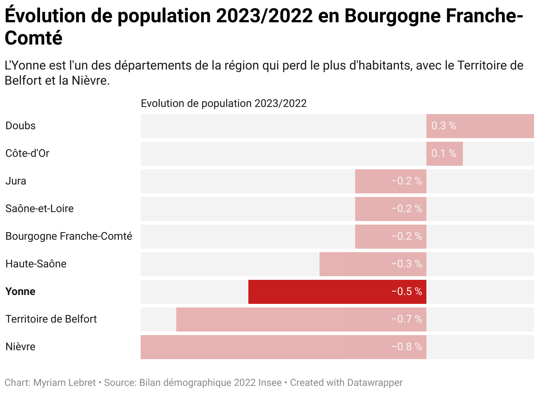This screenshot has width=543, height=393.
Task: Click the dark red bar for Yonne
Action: [337, 292]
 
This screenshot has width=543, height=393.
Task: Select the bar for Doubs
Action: [480, 126]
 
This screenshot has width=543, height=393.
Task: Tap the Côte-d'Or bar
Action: [444, 154]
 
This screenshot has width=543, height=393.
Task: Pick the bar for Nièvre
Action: [283, 347]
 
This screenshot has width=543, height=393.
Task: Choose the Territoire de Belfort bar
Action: [301, 319]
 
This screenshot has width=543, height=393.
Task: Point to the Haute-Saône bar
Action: [373, 264]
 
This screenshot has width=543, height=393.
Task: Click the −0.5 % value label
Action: [406, 292]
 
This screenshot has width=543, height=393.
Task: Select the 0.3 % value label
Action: [444, 126]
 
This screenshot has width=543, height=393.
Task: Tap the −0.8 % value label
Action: [406, 347]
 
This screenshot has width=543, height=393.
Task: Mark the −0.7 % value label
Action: [406, 319]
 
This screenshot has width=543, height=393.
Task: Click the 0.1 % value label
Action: [444, 154]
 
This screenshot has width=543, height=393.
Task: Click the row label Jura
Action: [16, 181]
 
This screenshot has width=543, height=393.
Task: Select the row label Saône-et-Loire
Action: [40, 209]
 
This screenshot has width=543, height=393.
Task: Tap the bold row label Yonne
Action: [20, 292]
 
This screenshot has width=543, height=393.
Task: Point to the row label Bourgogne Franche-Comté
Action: [69, 237]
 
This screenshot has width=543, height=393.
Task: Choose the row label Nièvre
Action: [20, 347]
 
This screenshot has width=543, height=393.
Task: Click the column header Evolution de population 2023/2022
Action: [223, 104]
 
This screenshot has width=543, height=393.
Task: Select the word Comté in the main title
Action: [33, 38]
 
